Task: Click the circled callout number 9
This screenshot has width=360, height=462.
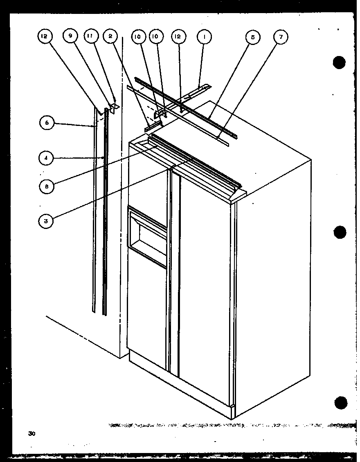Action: (70, 37)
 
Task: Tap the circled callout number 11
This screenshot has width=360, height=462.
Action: (90, 37)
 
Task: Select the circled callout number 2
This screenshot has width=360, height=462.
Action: (110, 37)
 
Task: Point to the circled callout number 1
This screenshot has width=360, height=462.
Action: (203, 37)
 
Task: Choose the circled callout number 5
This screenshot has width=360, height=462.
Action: (252, 38)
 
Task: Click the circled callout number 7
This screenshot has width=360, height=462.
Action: (281, 38)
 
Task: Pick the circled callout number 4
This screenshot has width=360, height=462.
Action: (47, 159)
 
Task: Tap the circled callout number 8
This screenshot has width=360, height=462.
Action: (47, 186)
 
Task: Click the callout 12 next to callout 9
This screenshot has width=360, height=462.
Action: (44, 37)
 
